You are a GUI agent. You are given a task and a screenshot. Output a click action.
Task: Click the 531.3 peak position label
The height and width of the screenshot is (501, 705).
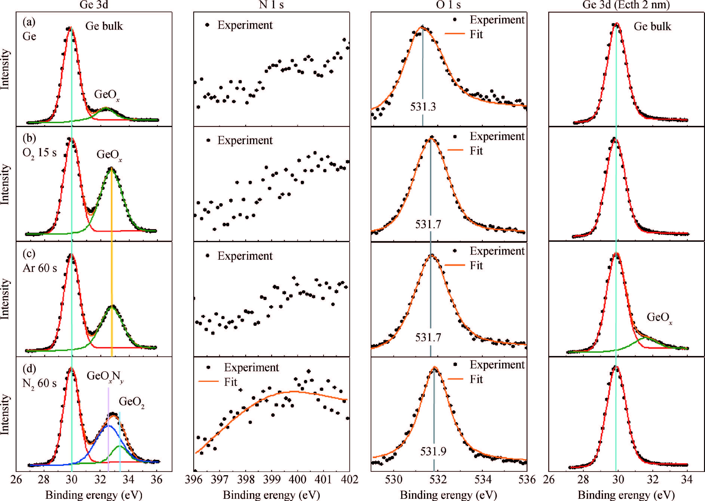click(423, 107)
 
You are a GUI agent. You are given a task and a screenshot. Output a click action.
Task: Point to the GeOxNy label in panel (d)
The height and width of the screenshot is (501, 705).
click(105, 376)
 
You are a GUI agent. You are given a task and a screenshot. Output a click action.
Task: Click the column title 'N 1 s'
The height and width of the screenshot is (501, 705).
click(272, 5)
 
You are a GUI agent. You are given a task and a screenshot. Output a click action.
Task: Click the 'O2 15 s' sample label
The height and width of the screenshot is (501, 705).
click(39, 153)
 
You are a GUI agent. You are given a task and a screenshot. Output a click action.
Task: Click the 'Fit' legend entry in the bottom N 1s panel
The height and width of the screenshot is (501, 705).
click(231, 382)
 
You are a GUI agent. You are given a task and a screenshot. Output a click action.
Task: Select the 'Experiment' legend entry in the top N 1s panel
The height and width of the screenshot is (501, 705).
click(245, 25)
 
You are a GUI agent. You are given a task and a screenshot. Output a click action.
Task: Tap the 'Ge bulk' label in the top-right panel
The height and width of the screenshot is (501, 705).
click(652, 27)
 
